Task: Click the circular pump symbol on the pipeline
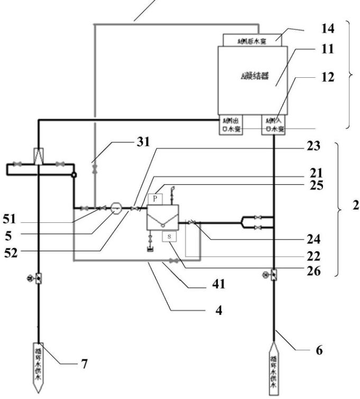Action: [x=117, y=207]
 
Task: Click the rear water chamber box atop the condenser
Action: [x=253, y=39]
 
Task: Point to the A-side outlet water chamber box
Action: [x=230, y=125]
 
